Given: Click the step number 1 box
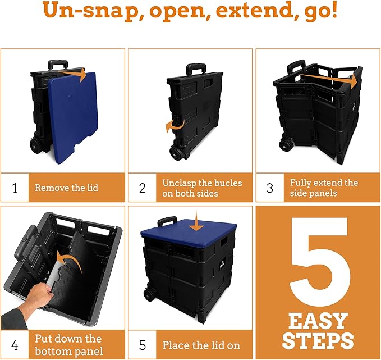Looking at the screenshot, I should point(15,188).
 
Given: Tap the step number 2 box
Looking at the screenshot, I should point(143,188).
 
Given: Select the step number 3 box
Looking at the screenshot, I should point(270,188).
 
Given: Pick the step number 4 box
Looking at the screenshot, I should point(15,344).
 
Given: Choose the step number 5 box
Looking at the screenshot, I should point(143,344).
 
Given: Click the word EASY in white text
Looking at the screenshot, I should point(318,321).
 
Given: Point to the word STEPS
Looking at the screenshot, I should point(318,341).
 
